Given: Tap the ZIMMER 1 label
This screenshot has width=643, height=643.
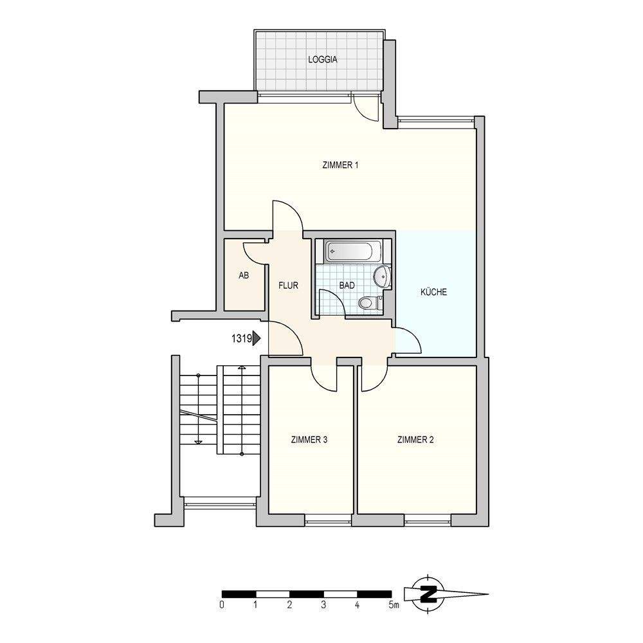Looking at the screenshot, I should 340,165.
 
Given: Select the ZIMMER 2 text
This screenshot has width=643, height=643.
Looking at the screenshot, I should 416,440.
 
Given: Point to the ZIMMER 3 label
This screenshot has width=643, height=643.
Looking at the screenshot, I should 310,440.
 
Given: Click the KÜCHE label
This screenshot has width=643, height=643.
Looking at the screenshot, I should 433,292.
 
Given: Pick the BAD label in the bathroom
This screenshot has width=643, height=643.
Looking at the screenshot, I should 347,285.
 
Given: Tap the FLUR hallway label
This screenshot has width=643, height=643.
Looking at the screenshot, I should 288,285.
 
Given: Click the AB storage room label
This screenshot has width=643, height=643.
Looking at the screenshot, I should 244,275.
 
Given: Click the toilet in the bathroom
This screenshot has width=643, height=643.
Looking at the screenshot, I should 367,302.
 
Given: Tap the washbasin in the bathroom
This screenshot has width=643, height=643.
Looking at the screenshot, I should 382,276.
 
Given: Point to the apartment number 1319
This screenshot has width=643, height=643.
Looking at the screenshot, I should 240,337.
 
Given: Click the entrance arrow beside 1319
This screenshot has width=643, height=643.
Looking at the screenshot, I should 257,337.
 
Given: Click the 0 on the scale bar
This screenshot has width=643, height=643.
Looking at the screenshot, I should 222,605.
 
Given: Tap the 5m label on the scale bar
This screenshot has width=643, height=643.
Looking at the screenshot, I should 393,605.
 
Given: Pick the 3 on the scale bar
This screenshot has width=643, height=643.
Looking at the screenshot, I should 324,605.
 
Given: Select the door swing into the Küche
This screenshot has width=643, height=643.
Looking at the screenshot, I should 407,341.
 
